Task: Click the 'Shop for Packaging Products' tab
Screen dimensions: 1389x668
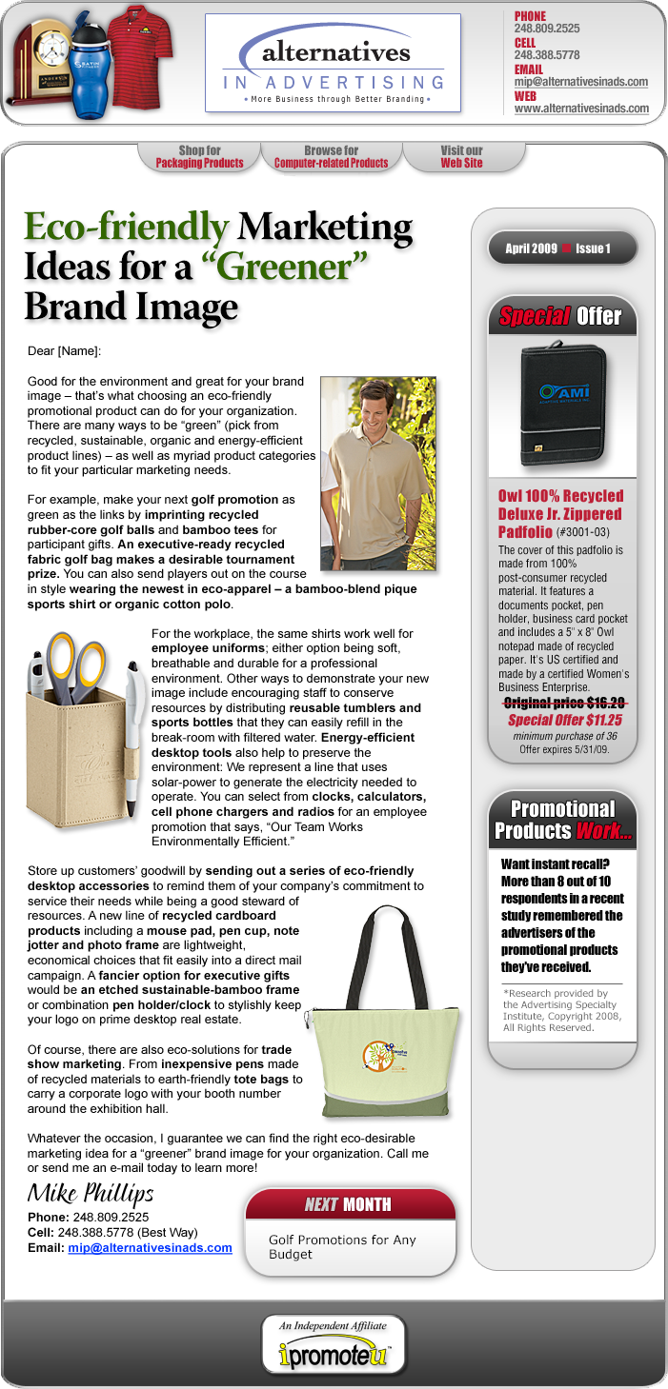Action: (x=199, y=157)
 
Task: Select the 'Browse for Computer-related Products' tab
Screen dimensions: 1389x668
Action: (x=331, y=157)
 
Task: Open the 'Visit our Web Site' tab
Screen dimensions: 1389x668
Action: (x=461, y=157)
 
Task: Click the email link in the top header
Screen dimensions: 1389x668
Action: (x=581, y=82)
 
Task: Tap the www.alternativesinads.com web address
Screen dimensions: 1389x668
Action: (x=581, y=109)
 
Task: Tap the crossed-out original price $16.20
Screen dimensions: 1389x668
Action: (x=563, y=704)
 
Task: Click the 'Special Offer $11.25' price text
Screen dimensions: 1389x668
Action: (x=563, y=721)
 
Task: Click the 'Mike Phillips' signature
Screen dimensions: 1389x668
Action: (x=91, y=1194)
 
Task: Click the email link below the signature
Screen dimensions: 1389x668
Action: (x=150, y=1247)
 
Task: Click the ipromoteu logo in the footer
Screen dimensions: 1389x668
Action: (x=334, y=1354)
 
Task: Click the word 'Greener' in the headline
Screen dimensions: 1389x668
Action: (x=285, y=267)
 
